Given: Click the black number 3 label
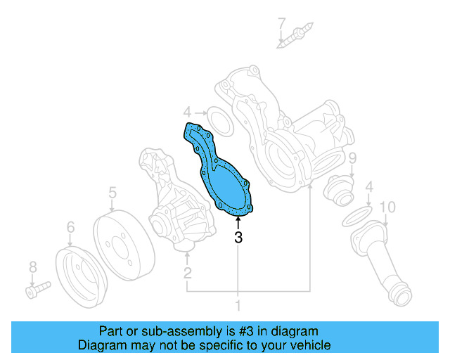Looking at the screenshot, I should [238, 238].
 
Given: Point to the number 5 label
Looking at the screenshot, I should [112, 191].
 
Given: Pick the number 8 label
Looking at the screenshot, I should [32, 266].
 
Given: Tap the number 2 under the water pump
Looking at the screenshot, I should [188, 272].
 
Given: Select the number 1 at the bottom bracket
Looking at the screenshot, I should [238, 305].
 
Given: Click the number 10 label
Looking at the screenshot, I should [387, 207].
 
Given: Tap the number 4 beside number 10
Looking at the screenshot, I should [368, 186].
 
